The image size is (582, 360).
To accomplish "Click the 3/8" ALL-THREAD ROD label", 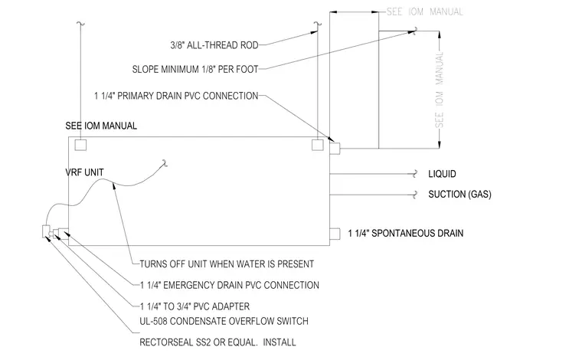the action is tap(214, 45).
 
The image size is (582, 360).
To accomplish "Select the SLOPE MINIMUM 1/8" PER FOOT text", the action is tap(195, 70).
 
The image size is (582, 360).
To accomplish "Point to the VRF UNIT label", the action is tap(85, 172).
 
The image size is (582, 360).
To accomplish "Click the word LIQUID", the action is tap(442, 174).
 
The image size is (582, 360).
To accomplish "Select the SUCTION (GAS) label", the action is tap(460, 195).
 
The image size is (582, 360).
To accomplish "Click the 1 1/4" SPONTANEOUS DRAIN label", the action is tap(406, 234).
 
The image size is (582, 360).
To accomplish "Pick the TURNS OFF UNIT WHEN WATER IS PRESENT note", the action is tap(227, 264).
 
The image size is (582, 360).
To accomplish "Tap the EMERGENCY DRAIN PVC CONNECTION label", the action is tap(241, 286).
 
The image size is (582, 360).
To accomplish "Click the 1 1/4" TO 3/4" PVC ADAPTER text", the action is tap(195, 306).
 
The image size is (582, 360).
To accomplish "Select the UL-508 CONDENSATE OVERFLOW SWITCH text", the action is tap(224, 322).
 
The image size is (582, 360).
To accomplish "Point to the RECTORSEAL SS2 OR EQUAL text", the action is tap(198, 342).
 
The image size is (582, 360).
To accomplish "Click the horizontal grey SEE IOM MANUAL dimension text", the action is tap(424, 12).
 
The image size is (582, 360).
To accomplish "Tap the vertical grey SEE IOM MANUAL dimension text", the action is tap(440, 90).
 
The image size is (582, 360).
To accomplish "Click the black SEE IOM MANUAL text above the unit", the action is tap(101, 126).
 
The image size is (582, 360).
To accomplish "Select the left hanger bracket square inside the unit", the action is tap(80, 145).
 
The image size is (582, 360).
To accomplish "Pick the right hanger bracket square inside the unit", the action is tap(317, 145).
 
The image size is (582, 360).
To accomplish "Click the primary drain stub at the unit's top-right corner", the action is tap(335, 149).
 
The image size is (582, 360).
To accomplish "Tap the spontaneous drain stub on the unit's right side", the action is tap(335, 234).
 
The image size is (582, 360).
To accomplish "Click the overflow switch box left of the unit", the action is tap(47, 231).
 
